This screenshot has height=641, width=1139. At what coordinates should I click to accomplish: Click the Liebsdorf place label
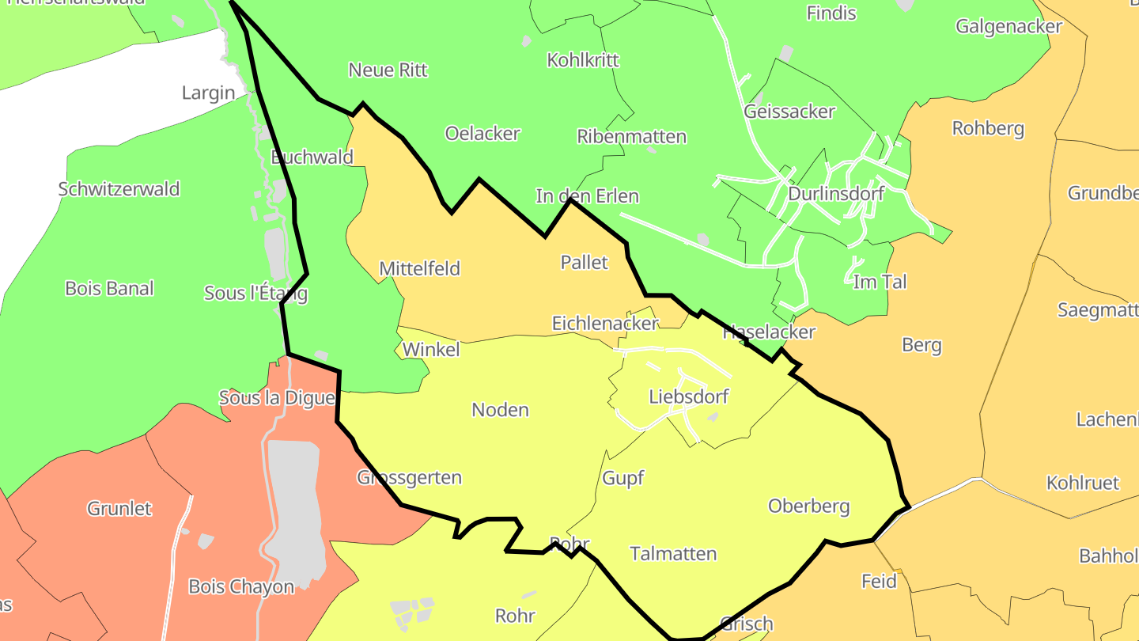pyautogui.click(x=688, y=396)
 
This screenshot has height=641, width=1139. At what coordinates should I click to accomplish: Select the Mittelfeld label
pyautogui.click(x=419, y=268)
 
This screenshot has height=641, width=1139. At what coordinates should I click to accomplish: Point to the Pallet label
pyautogui.click(x=584, y=262)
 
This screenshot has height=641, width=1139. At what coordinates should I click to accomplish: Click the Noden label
pyautogui.click(x=500, y=410)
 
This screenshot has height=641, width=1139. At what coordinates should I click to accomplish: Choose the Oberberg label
pyautogui.click(x=808, y=506)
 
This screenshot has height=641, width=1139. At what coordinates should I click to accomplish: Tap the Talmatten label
pyautogui.click(x=673, y=553)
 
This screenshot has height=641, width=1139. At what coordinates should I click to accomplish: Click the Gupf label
pyautogui.click(x=623, y=478)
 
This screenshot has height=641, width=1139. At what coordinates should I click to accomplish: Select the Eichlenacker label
pyautogui.click(x=604, y=323)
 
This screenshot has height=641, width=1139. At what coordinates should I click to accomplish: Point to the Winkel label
pyautogui.click(x=430, y=349)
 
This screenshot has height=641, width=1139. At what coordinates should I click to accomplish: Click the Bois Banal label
pyautogui.click(x=109, y=288)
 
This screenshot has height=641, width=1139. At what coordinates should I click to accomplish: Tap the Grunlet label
pyautogui.click(x=119, y=508)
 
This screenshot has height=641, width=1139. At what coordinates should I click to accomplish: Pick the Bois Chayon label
pyautogui.click(x=240, y=586)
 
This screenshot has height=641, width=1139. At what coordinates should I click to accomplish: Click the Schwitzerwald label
pyautogui.click(x=119, y=189)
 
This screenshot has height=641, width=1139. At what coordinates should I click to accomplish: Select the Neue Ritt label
pyautogui.click(x=388, y=70)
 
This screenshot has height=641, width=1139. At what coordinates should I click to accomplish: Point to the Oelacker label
pyautogui.click(x=482, y=134)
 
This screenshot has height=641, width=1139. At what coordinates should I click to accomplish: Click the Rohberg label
pyautogui.click(x=988, y=128)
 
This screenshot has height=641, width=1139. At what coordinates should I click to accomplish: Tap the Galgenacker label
pyautogui.click(x=1008, y=26)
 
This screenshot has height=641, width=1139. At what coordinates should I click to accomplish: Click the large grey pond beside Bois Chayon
pyautogui.click(x=294, y=506)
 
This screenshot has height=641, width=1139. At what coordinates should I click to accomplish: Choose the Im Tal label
pyautogui.click(x=880, y=282)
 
